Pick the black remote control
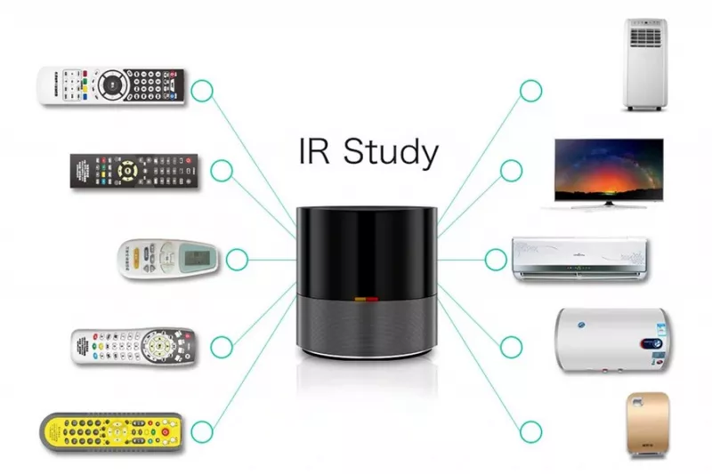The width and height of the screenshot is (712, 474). (x=134, y=170)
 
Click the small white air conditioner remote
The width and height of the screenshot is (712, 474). (x=167, y=259)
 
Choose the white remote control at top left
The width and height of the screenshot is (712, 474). (x=110, y=85)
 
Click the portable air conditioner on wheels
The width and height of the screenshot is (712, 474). (x=645, y=64)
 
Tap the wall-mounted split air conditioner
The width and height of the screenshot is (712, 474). (x=578, y=258)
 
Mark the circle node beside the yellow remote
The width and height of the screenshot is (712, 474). (x=203, y=431)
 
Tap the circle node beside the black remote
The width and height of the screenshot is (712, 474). (x=222, y=170)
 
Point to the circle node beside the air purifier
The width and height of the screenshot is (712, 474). (x=530, y=431)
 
